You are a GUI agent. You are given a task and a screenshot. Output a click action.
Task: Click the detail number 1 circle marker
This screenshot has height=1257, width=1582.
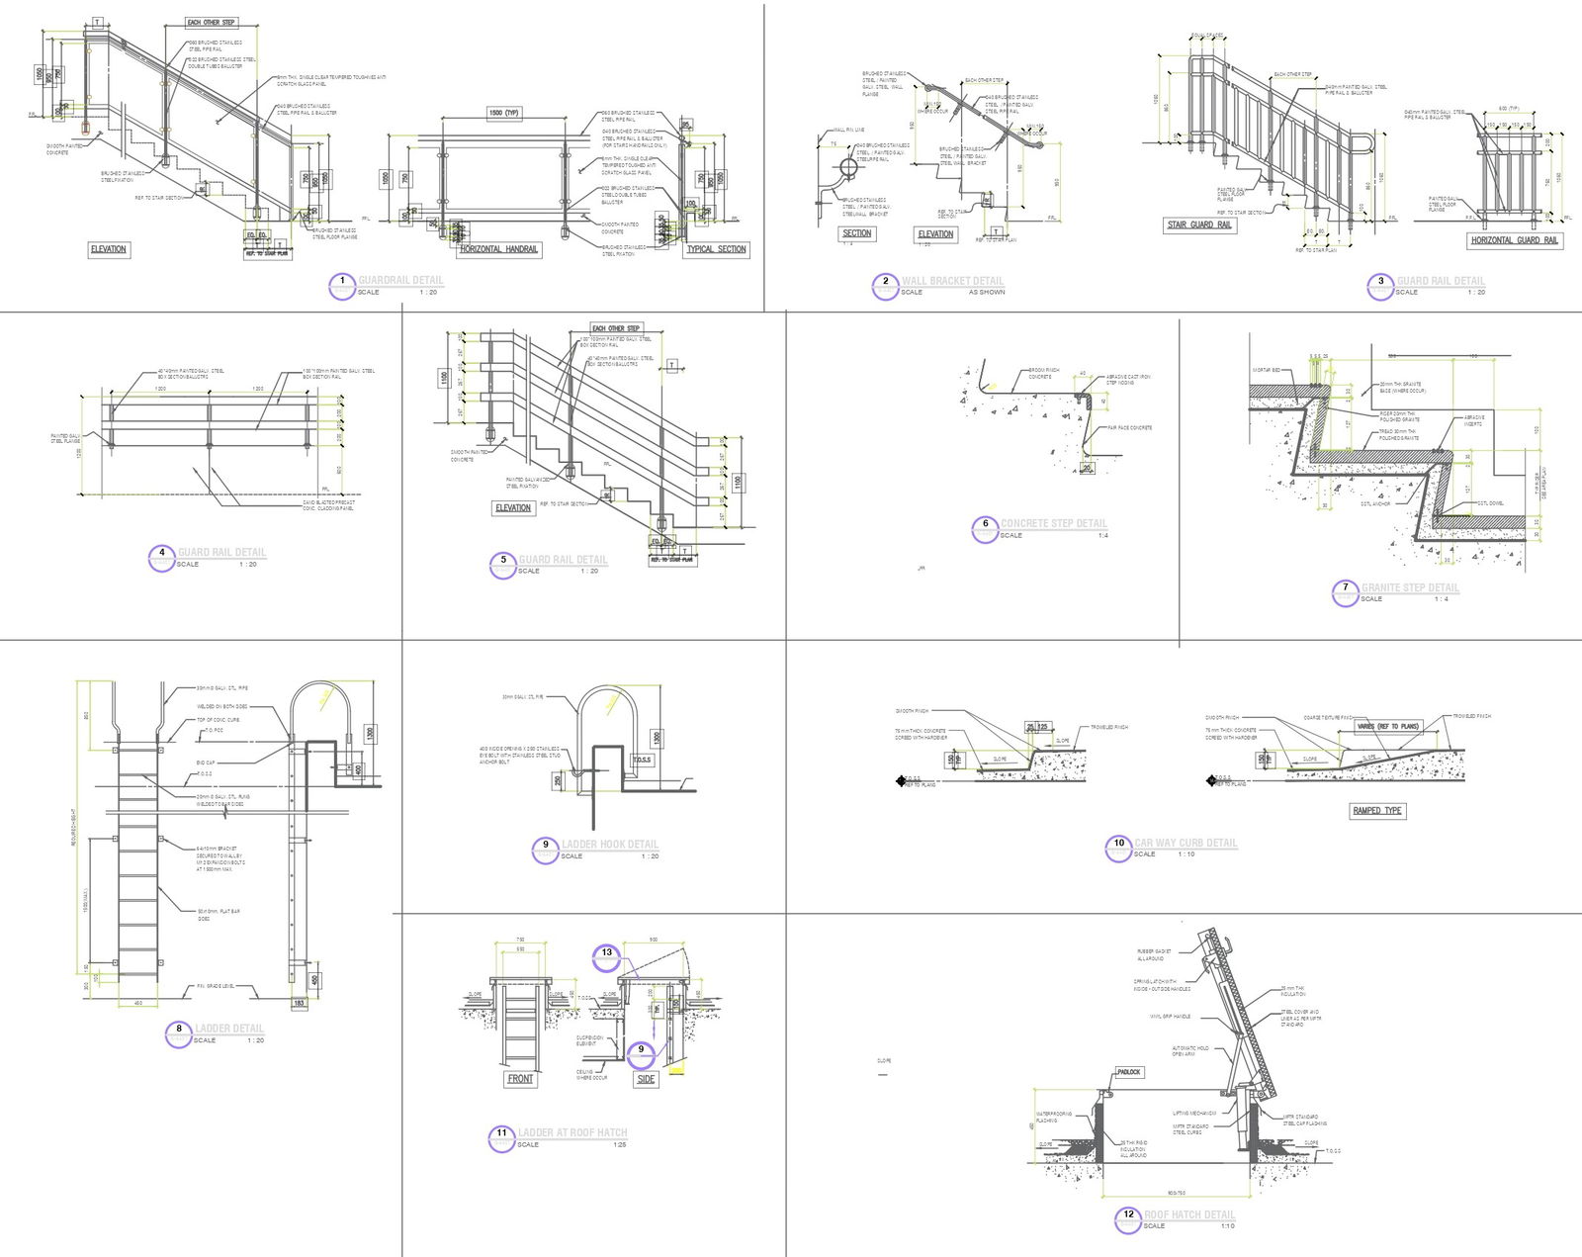point(341,285)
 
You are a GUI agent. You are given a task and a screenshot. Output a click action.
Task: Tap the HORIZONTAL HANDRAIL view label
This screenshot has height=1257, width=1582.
point(498,249)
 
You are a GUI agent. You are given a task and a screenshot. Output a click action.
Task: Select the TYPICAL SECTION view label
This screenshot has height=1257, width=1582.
point(717,249)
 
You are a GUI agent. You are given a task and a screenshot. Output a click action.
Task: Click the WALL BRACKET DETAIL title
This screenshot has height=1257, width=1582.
point(952,281)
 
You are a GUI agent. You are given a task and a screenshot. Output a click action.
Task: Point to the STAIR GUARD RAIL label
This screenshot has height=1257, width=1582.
point(1199,225)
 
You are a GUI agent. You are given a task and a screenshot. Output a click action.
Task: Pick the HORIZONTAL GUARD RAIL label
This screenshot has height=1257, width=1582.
point(1514,240)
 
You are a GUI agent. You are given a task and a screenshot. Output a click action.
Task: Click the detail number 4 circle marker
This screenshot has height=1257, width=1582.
point(161,558)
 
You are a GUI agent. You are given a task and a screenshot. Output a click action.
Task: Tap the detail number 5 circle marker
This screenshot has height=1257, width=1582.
point(502,565)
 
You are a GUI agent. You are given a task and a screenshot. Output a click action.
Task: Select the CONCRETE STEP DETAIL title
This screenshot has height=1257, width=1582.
point(1053,523)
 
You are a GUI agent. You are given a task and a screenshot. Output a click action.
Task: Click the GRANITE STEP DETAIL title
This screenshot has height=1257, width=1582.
point(1410,587)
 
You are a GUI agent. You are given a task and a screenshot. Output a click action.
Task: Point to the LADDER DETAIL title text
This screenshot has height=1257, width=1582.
point(229,1029)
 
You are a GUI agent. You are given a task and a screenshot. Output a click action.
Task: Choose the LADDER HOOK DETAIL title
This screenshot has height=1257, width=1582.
point(609,845)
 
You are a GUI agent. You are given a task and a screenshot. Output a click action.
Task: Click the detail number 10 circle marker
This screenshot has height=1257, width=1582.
point(1118,848)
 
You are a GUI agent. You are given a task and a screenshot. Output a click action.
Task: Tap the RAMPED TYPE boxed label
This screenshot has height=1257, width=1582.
point(1377,811)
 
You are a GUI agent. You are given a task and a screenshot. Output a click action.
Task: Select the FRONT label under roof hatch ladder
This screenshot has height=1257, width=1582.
point(520,1079)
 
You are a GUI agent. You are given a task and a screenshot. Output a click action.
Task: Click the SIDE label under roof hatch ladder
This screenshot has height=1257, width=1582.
point(646,1079)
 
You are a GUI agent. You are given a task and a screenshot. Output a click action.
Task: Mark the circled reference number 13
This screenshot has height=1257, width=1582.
point(606,954)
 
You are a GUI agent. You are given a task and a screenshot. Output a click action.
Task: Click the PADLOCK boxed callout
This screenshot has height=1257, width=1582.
point(1128,1072)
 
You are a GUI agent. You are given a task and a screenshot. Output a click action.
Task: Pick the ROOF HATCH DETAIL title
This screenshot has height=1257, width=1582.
point(1189,1214)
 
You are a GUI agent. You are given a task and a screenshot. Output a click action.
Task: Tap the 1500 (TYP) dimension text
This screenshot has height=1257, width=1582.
point(504,114)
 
